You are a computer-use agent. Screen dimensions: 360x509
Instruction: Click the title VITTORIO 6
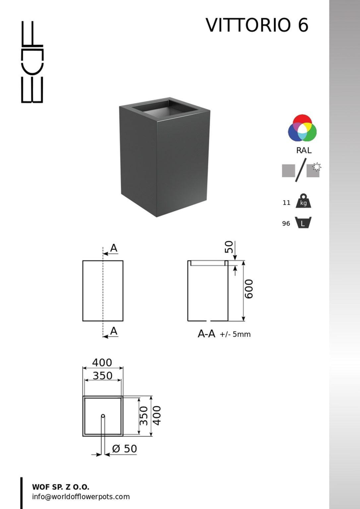point(257,25)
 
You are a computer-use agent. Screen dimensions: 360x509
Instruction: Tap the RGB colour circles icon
point(302,128)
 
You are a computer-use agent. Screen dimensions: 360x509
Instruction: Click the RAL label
point(304,150)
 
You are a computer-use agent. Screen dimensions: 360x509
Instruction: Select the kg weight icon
point(303,200)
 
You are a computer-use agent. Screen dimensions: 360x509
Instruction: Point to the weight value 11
point(287,202)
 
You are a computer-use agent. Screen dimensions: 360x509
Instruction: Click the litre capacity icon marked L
point(303,222)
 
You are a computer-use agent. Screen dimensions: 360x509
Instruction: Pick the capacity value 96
point(286,224)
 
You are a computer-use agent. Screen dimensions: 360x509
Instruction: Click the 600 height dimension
point(249,289)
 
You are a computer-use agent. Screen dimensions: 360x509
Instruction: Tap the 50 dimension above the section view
point(229,247)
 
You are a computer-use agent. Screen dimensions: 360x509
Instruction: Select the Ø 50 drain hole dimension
point(125,449)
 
